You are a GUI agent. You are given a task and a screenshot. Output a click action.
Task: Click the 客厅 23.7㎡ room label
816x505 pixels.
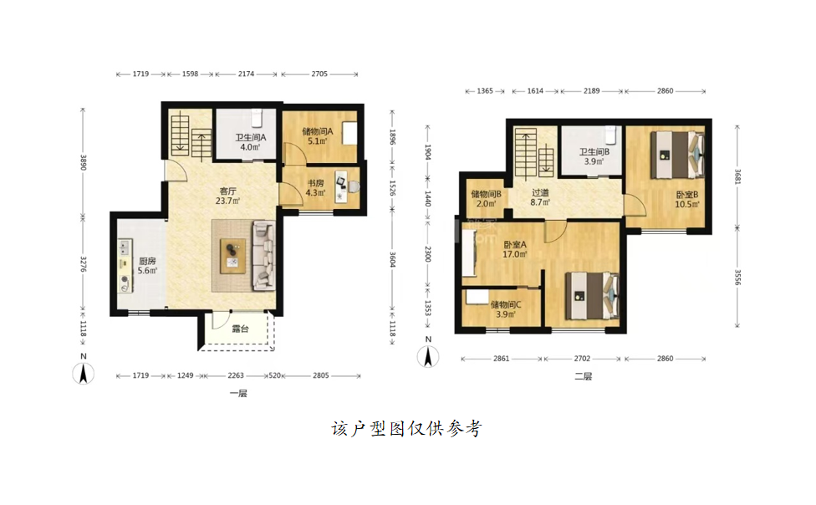tap(227, 196)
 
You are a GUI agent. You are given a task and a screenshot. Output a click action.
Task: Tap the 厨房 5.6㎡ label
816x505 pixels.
tap(147, 266)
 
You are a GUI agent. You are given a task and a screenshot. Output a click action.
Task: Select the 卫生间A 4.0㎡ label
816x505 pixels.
tap(250, 142)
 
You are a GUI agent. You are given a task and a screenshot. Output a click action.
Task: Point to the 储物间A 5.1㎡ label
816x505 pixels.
tap(318, 136)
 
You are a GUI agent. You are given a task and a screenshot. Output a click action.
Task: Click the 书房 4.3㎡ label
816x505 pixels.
tap(315, 188)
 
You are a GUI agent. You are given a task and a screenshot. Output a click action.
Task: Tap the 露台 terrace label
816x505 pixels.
tap(240, 329)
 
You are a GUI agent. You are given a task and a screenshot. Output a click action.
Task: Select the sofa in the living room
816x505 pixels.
tap(264, 256)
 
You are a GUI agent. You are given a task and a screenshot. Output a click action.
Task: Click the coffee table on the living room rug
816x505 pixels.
tap(232, 256)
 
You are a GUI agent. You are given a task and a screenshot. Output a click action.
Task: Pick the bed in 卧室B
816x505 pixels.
tap(677, 155)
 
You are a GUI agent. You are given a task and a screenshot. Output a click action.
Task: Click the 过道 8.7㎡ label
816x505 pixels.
tap(540, 197)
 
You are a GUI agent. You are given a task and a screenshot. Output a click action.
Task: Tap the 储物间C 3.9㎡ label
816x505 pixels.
tap(505, 309)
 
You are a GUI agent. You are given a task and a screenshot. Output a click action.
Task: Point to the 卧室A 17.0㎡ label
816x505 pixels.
tap(515, 249)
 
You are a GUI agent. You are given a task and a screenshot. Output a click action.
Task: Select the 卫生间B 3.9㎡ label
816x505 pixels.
tap(594, 156)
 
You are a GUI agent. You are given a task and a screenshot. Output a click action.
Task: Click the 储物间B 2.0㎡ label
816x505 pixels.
tap(486, 199)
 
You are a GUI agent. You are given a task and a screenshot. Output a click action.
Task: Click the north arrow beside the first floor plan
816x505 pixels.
tap(84, 370)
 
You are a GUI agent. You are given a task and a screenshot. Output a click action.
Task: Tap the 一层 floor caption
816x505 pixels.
tap(238, 394)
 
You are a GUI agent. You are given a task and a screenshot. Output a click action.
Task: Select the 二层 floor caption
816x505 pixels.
tap(584, 376)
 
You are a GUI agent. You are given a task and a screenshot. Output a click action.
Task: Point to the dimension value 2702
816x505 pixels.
tap(582, 359)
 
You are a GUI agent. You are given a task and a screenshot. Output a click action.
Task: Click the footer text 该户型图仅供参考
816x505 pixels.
tap(407, 429)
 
